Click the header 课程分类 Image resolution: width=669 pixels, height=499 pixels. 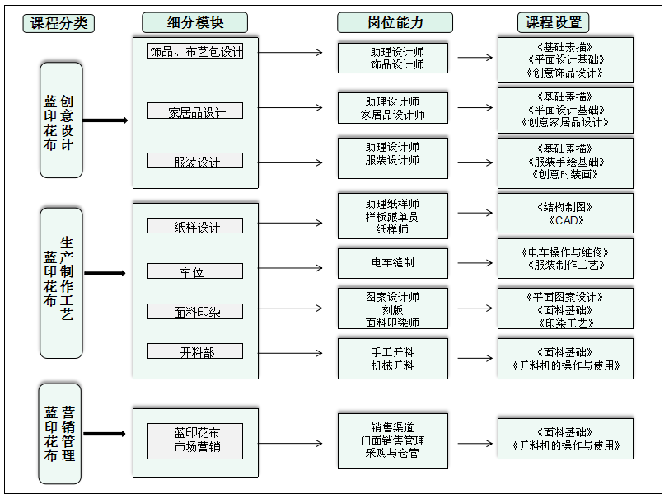pos(58,23)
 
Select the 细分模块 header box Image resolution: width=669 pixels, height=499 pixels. pos(194,23)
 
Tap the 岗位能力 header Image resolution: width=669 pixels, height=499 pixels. pos(395,23)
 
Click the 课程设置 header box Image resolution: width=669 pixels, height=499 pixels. pos(553,23)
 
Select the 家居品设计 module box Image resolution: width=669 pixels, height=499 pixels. pos(195,111)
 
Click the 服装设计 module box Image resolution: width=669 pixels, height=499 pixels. pos(195,162)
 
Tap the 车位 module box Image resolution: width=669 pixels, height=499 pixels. pos(195,271)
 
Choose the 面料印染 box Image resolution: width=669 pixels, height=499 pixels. pos(195,312)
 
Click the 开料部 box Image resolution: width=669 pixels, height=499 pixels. pos(195,351)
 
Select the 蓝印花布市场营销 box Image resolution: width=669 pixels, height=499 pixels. pos(195,440)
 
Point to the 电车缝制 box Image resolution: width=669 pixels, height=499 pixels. pos(393,262)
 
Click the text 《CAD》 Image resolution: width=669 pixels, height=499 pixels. pos(565,220)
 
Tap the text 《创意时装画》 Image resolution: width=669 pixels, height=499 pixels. pos(565,175)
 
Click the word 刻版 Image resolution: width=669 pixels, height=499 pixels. pos(393,309)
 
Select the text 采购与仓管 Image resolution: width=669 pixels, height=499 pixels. pos(393,453)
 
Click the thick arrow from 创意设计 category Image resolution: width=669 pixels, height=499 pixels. pos(105,120)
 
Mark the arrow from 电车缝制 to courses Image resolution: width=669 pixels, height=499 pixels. pos(475,262)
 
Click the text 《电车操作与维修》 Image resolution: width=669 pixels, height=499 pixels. pos(565,252)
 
